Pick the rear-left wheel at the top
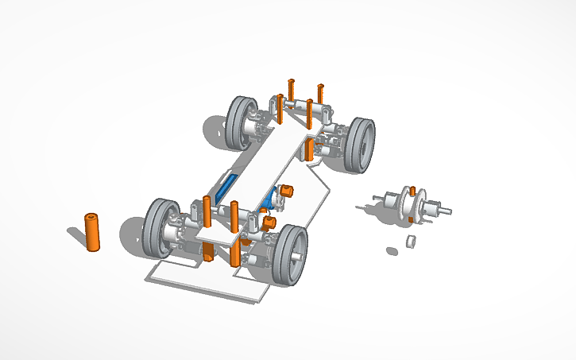click(x=242, y=122)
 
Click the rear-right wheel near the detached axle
click(x=361, y=145)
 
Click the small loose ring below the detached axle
click(x=412, y=241)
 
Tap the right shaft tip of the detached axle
click(x=449, y=211)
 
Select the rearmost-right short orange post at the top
click(x=320, y=91)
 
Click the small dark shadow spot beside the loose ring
click(x=392, y=251)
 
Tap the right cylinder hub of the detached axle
click(x=432, y=210)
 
